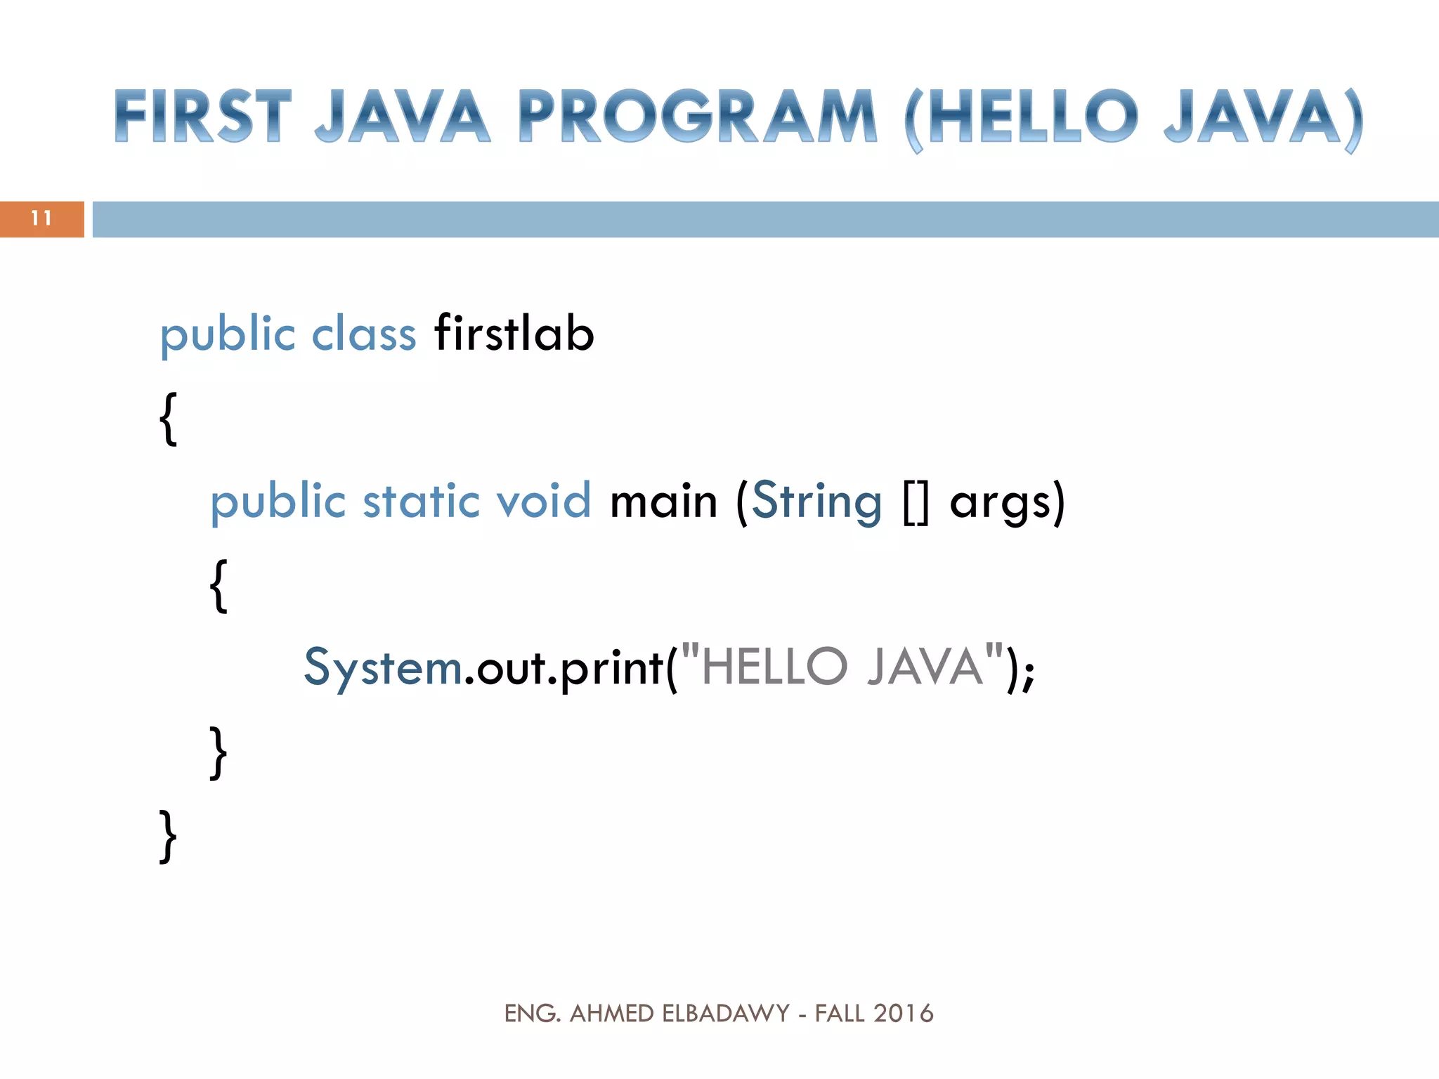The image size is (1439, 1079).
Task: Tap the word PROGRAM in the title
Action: pos(698,117)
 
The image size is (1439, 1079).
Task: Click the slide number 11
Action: pos(41,218)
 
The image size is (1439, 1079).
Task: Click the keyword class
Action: pos(364,334)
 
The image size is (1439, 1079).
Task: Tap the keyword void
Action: pos(543,501)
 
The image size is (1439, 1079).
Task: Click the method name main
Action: pos(664,502)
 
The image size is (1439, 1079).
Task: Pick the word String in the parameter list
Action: pos(816,502)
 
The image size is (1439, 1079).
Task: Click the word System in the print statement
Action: pos(383,667)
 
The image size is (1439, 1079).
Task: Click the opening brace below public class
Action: pos(168,419)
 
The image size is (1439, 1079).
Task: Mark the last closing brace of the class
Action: pos(168,835)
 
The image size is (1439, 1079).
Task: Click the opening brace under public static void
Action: pos(219,585)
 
